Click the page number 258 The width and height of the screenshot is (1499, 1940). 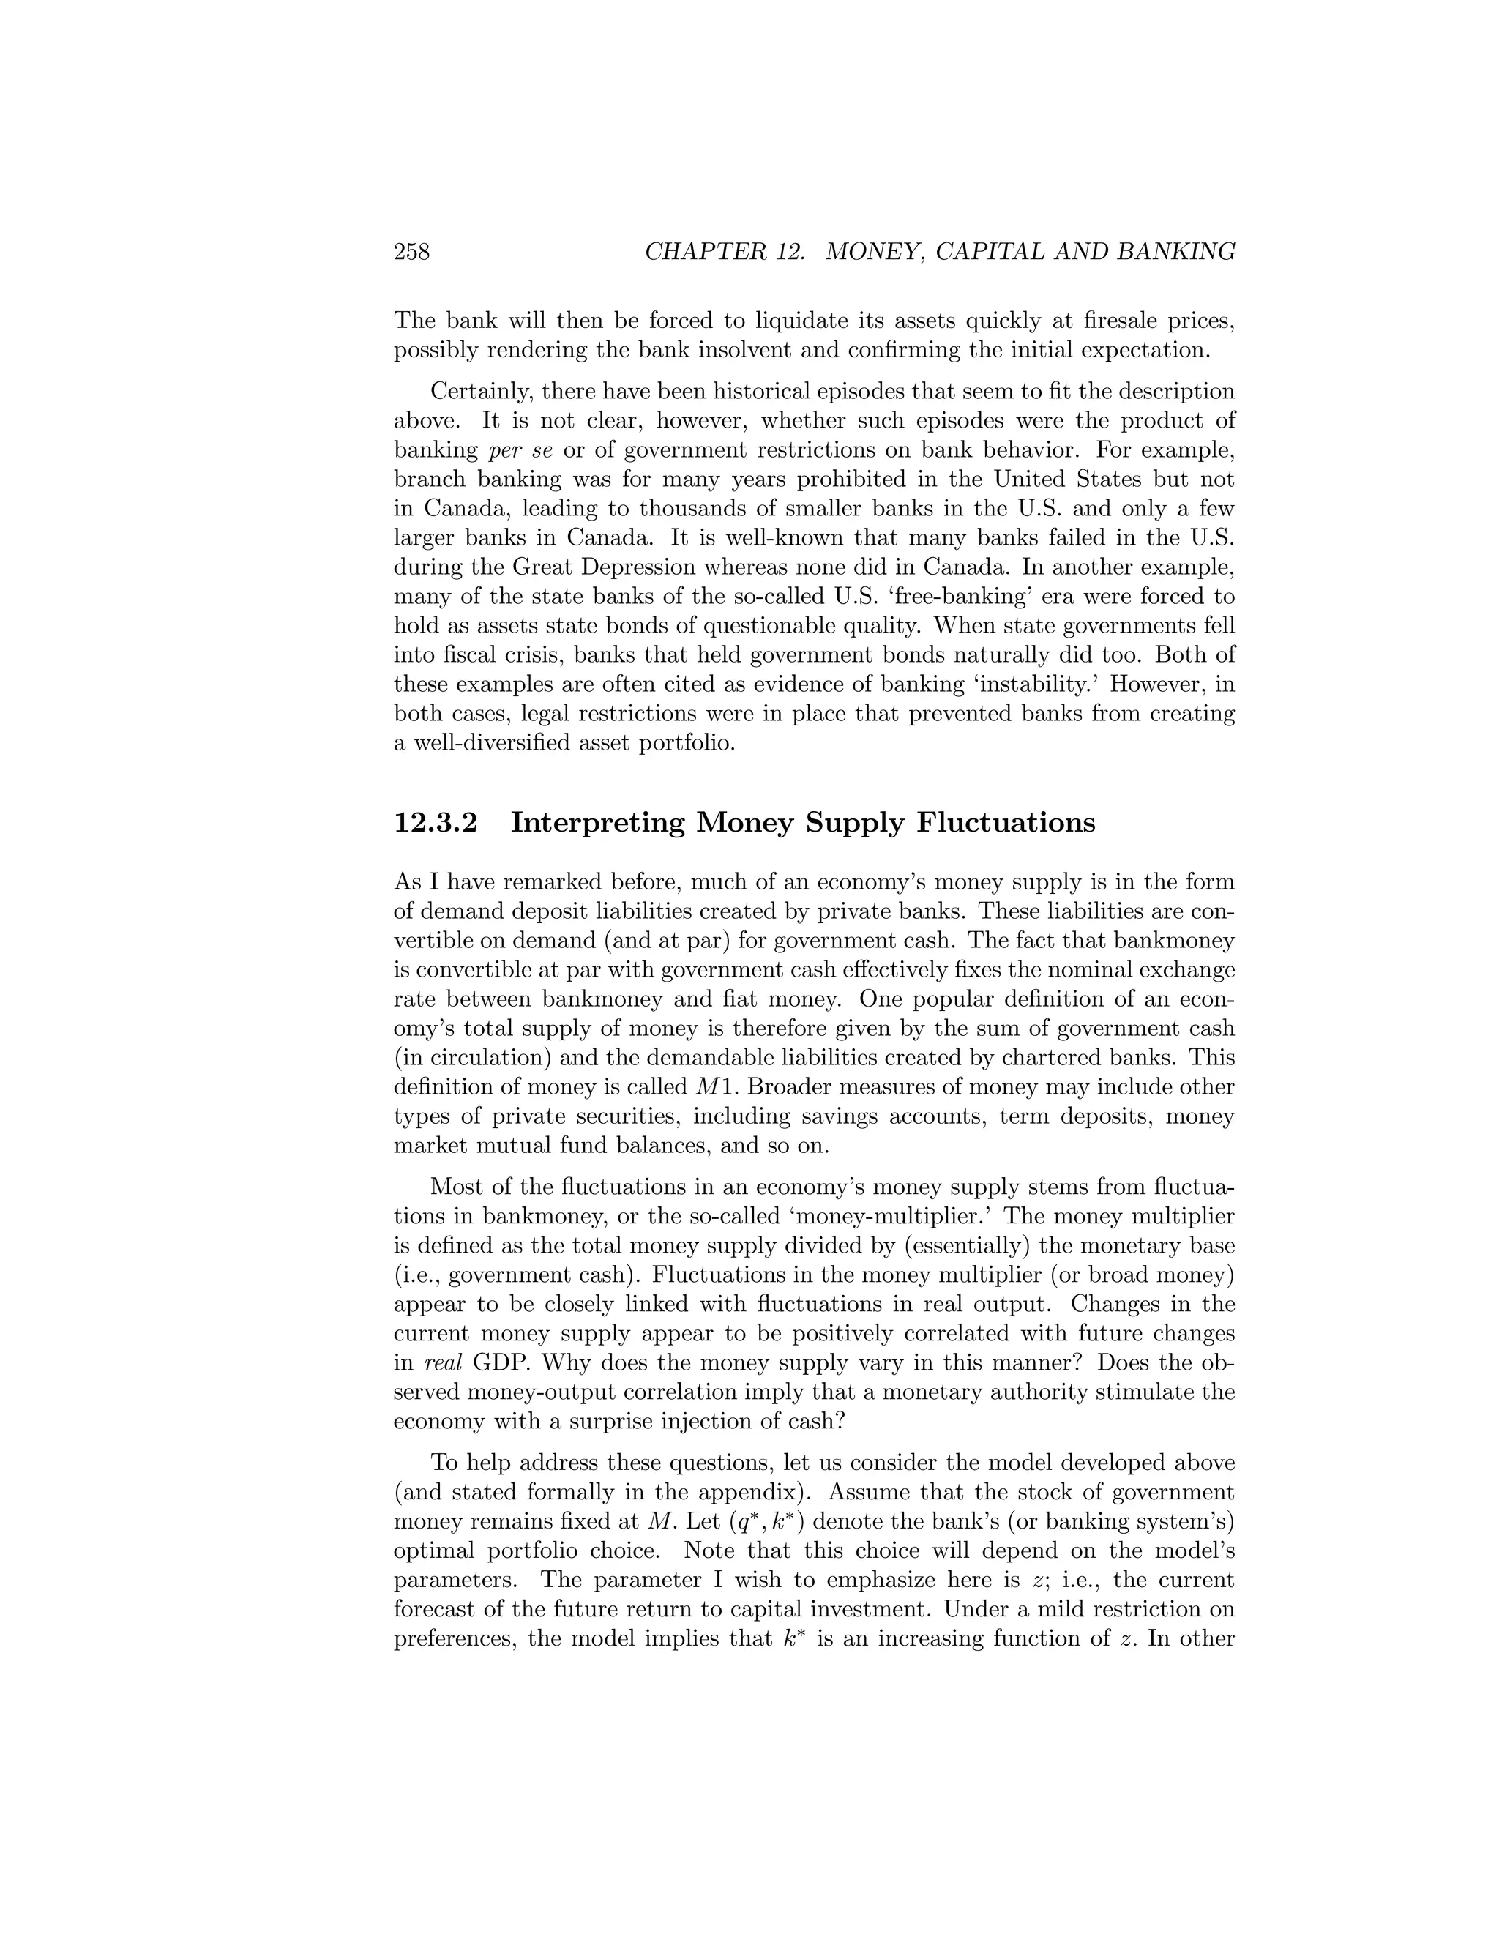[x=411, y=253]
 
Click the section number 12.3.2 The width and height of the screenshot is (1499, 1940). [x=436, y=823]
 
